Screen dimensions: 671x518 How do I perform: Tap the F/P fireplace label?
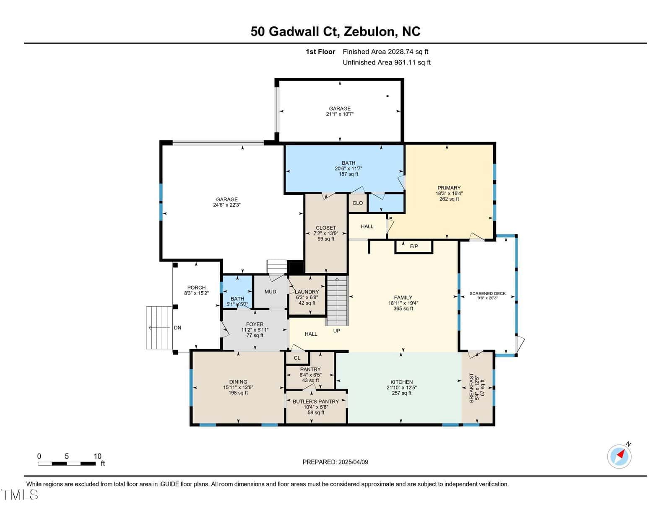[414, 246]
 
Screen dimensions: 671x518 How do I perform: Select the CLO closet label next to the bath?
[358, 203]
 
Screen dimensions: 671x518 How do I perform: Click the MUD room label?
[270, 292]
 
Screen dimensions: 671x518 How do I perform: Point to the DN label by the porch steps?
[177, 328]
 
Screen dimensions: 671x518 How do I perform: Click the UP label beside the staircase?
[337, 331]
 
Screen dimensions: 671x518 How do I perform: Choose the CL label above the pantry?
[297, 358]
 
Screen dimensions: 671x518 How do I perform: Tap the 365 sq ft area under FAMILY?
[403, 308]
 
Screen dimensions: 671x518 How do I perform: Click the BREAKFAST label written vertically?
[471, 388]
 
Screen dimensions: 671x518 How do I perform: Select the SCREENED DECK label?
[488, 293]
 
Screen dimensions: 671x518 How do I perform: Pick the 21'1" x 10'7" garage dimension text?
[340, 114]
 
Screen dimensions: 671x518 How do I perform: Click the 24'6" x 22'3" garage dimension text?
[226, 205]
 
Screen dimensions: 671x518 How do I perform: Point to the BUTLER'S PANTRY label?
[316, 401]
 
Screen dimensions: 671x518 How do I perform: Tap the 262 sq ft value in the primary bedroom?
[449, 199]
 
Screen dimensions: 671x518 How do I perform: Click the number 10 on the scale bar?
[98, 456]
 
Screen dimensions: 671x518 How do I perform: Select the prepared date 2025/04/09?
[353, 462]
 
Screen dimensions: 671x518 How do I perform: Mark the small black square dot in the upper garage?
[388, 96]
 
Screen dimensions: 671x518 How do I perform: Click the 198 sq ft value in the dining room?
[238, 393]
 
